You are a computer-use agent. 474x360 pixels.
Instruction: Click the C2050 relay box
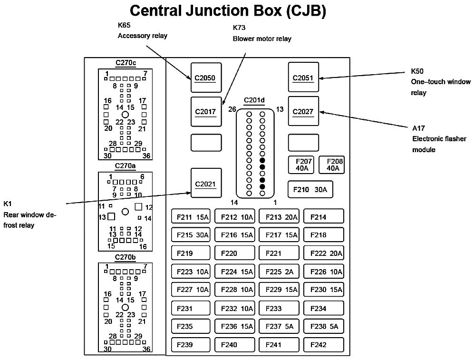(x=206, y=77)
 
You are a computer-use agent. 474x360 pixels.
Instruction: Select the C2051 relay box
(x=303, y=77)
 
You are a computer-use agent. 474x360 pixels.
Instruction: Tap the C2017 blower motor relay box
(x=206, y=112)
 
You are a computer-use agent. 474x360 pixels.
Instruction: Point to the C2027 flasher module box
(x=303, y=112)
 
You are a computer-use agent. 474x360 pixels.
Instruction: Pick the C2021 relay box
(x=206, y=183)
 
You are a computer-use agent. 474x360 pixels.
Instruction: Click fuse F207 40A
(x=301, y=165)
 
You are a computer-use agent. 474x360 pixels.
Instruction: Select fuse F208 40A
(x=331, y=165)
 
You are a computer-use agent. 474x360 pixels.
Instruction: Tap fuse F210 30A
(x=310, y=189)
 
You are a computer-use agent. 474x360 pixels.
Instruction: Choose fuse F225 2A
(x=279, y=272)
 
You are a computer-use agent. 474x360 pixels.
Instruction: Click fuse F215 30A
(x=191, y=234)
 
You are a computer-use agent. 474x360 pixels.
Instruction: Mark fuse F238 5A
(x=323, y=326)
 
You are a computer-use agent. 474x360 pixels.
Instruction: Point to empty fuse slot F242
(x=323, y=344)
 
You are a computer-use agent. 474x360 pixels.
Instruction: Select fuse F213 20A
(x=279, y=217)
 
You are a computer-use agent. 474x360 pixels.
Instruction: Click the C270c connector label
(x=126, y=63)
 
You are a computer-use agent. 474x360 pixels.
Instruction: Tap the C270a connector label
(x=126, y=165)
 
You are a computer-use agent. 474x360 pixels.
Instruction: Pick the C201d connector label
(x=255, y=100)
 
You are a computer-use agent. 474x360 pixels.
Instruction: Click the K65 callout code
(x=124, y=25)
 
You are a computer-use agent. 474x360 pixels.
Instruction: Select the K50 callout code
(x=417, y=71)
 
